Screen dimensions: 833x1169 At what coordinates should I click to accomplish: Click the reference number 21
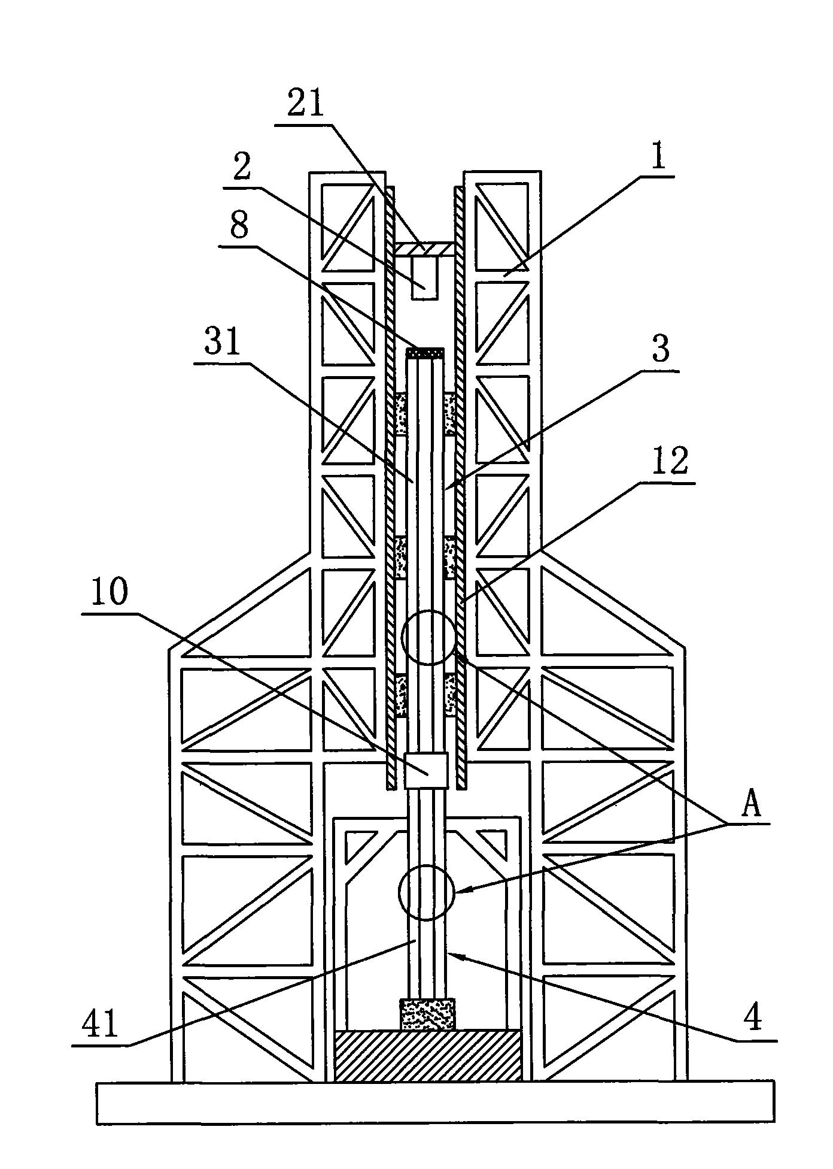(x=306, y=104)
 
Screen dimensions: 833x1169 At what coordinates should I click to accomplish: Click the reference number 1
(x=658, y=158)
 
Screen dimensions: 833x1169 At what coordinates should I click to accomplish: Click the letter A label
(x=751, y=804)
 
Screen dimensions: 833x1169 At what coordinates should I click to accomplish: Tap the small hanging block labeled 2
(x=425, y=277)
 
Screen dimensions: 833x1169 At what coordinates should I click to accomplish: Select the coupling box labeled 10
(x=426, y=770)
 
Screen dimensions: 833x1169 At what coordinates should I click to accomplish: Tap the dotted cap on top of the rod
(x=425, y=353)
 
